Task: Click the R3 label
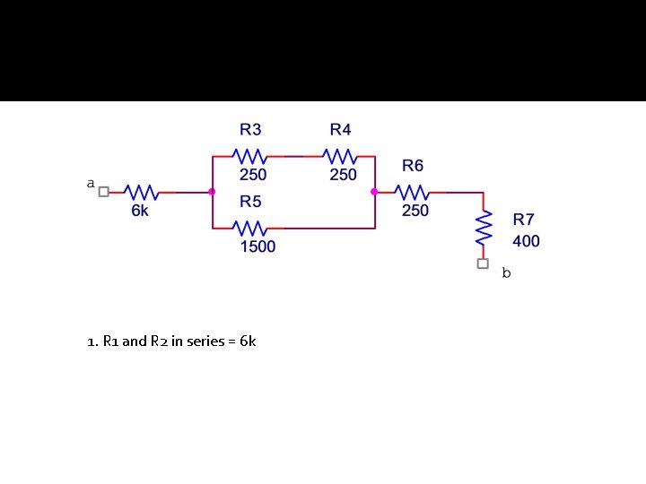pos(250,130)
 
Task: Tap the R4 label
pos(340,130)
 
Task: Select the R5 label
pos(250,202)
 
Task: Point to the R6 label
pos(413,166)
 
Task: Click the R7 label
pos(524,219)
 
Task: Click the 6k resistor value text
pos(141,211)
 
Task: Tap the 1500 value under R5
pos(258,246)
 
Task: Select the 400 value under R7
pos(527,241)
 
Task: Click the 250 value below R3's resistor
pos(252,175)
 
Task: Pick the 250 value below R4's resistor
pos(343,175)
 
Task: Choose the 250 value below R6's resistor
pos(415,211)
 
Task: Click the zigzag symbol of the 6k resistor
pos(141,192)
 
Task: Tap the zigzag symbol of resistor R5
pos(249,229)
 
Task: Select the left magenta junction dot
pos(212,192)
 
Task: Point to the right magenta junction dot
pos(374,192)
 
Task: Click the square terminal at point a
pos(103,192)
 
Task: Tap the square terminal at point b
pos(483,264)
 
